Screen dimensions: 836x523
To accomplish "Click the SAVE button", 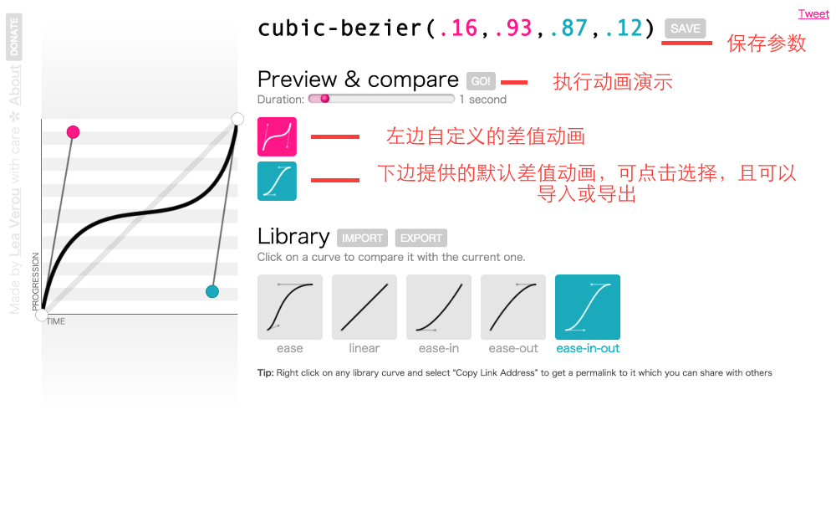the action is point(686,28).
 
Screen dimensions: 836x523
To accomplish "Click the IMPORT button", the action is point(362,238).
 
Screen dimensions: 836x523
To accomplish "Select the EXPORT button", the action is point(421,238).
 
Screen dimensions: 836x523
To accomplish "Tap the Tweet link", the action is point(813,13).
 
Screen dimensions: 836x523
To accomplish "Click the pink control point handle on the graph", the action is point(73,132).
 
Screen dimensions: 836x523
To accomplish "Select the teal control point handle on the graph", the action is point(212,291).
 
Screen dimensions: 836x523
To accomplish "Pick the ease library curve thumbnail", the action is point(290,307).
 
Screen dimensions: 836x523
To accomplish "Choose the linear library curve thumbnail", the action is point(364,307).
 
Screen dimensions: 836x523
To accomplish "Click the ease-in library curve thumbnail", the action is point(439,307).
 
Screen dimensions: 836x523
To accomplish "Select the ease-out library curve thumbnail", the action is point(513,307).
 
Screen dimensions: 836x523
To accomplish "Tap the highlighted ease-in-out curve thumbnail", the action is point(588,307).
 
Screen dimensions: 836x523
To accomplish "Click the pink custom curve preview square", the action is point(277,136).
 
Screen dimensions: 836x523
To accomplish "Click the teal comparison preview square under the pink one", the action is point(277,181).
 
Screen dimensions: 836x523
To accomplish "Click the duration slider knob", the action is point(324,99).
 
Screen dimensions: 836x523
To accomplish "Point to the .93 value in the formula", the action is point(513,28).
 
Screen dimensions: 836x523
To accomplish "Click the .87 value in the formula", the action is point(568,28).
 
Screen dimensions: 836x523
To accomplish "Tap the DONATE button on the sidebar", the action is point(14,37).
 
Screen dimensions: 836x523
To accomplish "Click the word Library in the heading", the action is point(293,236).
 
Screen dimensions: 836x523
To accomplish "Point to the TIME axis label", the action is point(56,321).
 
